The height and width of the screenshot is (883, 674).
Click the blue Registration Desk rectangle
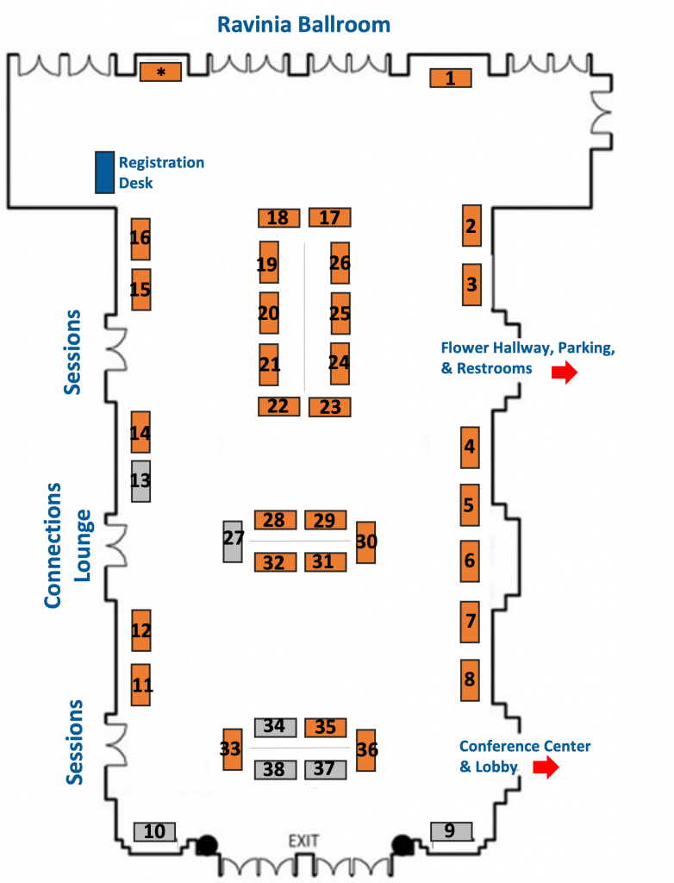pyautogui.click(x=104, y=172)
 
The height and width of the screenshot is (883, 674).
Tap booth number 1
pyautogui.click(x=451, y=78)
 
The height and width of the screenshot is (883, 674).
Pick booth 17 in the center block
pyautogui.click(x=330, y=218)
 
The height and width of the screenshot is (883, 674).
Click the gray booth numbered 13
pyautogui.click(x=140, y=481)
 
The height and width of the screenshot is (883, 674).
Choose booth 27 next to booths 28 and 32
pyautogui.click(x=233, y=542)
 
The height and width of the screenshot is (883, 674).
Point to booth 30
pyautogui.click(x=366, y=542)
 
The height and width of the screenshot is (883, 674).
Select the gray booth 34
pyautogui.click(x=275, y=727)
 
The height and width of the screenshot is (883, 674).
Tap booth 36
pyautogui.click(x=366, y=750)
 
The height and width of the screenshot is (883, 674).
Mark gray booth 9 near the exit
pyautogui.click(x=451, y=831)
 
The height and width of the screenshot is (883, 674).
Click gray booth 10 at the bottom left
pyautogui.click(x=155, y=832)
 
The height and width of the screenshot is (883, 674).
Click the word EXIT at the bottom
pyautogui.click(x=303, y=841)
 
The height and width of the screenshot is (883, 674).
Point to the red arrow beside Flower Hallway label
pyautogui.click(x=565, y=373)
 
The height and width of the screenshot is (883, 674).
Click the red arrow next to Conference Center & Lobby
pyautogui.click(x=545, y=767)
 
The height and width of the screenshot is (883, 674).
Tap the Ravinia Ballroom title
pyautogui.click(x=303, y=24)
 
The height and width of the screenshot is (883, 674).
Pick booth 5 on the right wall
pyautogui.click(x=470, y=504)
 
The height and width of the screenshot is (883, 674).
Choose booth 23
pyautogui.click(x=329, y=407)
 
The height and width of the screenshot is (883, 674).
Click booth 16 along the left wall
pyautogui.click(x=140, y=239)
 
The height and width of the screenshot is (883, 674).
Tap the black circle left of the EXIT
pyautogui.click(x=206, y=846)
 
